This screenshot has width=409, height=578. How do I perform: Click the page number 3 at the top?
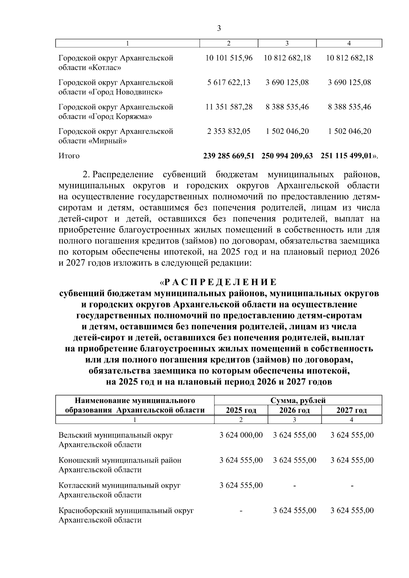click(219, 28)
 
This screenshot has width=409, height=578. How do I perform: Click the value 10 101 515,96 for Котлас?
click(229, 58)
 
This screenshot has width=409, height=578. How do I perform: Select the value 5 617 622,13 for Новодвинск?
click(229, 82)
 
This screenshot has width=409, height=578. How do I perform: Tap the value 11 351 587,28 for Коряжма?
click(229, 107)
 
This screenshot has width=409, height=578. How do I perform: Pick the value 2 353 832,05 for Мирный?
click(229, 131)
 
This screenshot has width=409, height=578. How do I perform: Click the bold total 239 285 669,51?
click(229, 156)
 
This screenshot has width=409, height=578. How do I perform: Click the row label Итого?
click(69, 156)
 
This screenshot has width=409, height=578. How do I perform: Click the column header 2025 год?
click(241, 410)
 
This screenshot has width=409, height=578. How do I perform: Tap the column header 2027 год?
click(351, 410)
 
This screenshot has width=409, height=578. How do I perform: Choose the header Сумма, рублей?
click(298, 400)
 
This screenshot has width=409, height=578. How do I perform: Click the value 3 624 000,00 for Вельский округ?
click(241, 435)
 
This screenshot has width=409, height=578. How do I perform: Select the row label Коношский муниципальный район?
click(120, 460)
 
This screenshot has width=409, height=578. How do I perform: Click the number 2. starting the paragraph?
click(86, 175)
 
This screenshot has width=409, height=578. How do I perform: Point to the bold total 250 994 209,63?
click(287, 156)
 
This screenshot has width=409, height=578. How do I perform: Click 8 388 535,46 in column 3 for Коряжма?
click(287, 107)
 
